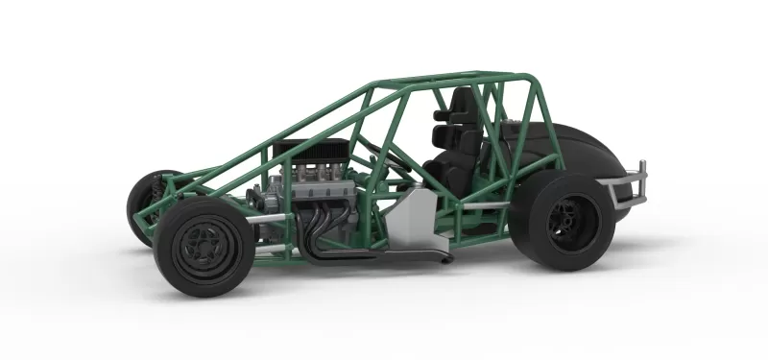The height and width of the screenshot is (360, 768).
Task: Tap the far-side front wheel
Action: click(143, 204)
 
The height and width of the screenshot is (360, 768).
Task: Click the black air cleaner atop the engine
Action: click(305, 152)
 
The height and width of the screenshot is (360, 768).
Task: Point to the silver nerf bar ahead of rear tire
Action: click(486, 205)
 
